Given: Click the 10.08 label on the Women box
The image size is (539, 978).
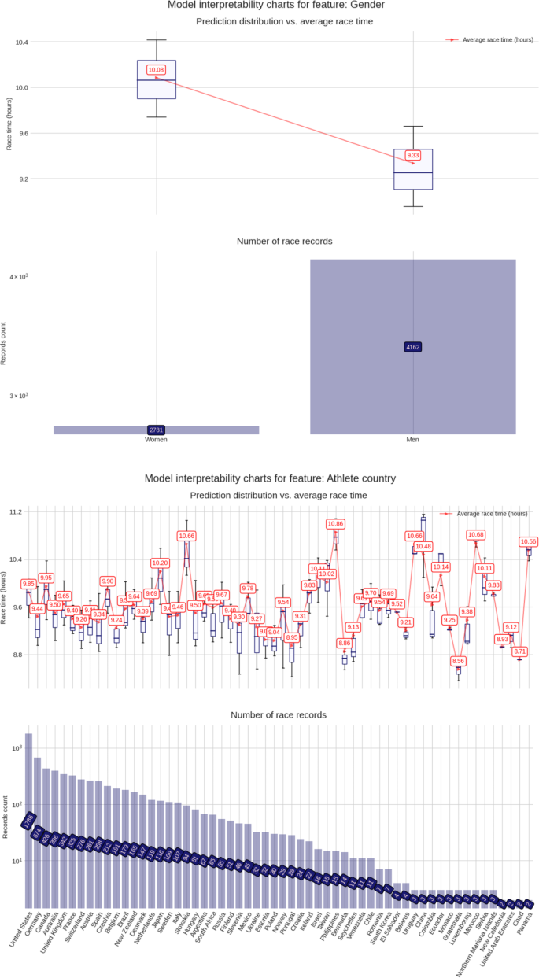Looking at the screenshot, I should pyautogui.click(x=156, y=70).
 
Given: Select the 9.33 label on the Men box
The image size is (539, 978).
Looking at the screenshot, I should pyautogui.click(x=413, y=155).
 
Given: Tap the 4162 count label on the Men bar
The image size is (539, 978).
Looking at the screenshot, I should pyautogui.click(x=413, y=347).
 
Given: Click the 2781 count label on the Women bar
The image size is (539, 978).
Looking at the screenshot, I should pyautogui.click(x=156, y=430).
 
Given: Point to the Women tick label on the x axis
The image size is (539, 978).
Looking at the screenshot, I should pyautogui.click(x=156, y=440).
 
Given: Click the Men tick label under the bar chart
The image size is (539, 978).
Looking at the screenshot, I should pyautogui.click(x=413, y=440).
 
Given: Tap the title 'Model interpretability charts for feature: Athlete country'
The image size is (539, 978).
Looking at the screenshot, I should pyautogui.click(x=270, y=478).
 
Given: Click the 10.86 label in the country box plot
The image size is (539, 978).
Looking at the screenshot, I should pyautogui.click(x=336, y=523).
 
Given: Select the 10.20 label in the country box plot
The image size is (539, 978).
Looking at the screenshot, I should pyautogui.click(x=160, y=563).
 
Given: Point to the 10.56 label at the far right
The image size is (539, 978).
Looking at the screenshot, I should pyautogui.click(x=528, y=541).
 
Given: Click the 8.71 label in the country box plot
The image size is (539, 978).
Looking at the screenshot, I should pyautogui.click(x=519, y=651).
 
